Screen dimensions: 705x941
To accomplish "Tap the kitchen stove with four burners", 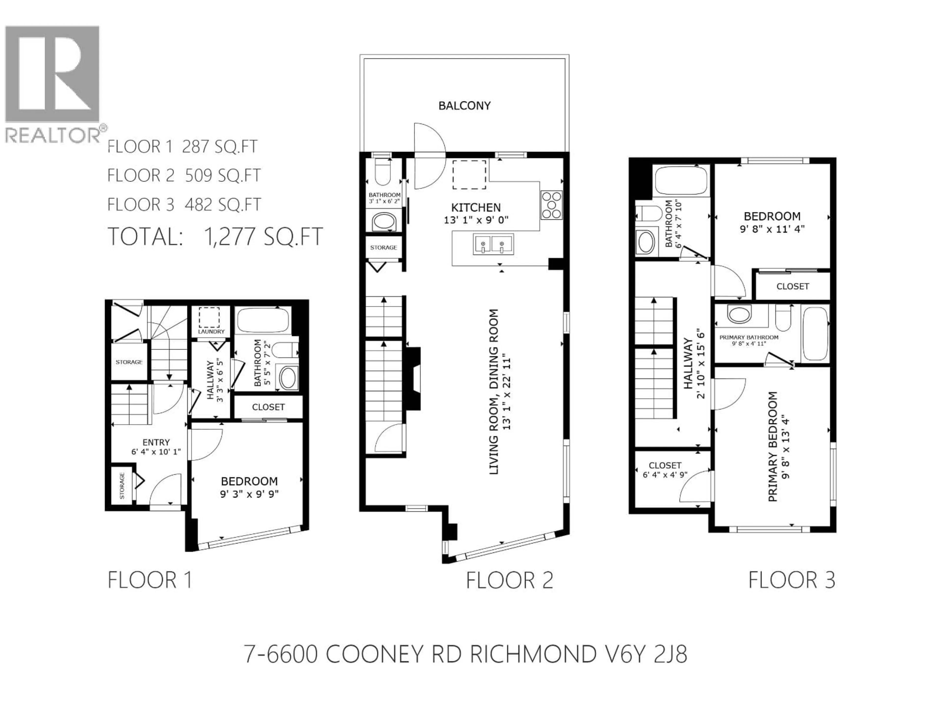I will point(551,205).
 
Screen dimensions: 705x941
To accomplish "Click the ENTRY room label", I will point(156,442).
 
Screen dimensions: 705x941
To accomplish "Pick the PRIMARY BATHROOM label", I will point(749,337).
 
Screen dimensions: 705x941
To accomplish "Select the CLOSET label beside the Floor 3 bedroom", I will point(792,286).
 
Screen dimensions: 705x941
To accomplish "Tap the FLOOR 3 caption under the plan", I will point(792,580).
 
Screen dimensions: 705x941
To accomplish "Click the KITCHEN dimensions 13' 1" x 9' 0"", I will point(476,220).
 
